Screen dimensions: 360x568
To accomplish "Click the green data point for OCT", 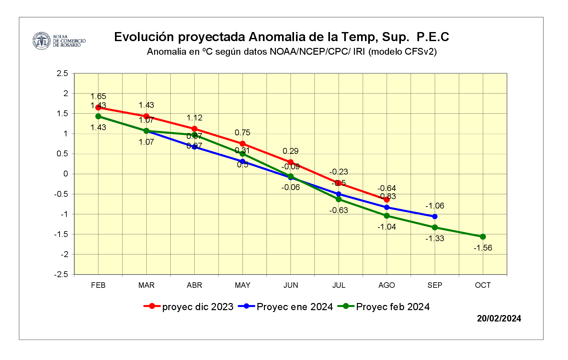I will (483, 237).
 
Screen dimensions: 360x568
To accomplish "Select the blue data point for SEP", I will (435, 217).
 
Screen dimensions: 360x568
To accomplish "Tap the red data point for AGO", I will (387, 200).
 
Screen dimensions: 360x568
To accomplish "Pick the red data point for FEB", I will (98, 108).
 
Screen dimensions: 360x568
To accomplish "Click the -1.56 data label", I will (483, 248).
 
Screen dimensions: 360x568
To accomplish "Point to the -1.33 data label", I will (435, 239).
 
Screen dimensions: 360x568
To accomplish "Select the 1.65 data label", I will (98, 96).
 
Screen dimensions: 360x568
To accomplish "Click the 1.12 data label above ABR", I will (194, 118).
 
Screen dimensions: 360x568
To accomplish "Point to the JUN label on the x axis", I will (290, 285).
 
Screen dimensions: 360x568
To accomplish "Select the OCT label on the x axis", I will (483, 285).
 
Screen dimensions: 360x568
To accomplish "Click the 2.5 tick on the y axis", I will (62, 73).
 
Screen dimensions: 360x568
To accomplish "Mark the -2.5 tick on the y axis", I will (61, 275).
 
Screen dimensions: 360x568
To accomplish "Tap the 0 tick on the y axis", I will (66, 174).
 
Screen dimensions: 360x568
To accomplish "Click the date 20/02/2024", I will (499, 319).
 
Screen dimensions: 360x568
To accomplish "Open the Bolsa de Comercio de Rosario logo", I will (59, 41).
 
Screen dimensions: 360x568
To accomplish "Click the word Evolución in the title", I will (144, 37).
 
